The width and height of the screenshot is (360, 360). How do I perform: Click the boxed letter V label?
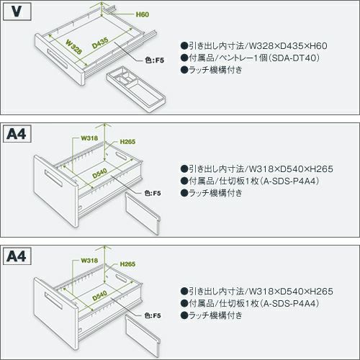tap(17, 12)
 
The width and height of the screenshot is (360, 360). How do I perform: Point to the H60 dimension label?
tap(143, 14)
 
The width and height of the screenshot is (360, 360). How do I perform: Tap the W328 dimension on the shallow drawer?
tap(73, 47)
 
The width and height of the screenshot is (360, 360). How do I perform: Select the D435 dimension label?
tap(100, 43)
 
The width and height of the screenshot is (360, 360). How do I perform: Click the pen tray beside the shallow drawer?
tap(136, 89)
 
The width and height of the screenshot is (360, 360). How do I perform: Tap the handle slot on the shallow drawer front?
tap(57, 59)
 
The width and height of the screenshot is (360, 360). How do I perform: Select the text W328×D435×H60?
tap(288, 46)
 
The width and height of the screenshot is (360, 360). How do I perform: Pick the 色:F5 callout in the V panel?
tap(154, 60)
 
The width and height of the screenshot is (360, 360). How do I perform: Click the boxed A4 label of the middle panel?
tap(17, 134)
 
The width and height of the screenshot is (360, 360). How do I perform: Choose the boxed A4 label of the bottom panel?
tap(17, 256)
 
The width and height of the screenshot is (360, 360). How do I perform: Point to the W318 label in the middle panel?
tap(89, 138)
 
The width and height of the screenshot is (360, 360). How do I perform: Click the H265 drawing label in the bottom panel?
tap(127, 264)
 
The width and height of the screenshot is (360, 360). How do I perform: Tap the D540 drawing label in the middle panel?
tap(99, 174)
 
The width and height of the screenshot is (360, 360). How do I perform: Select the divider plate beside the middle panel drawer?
tap(143, 214)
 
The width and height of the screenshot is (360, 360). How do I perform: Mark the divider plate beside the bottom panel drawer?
tap(143, 336)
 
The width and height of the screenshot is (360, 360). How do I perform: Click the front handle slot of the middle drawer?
tap(54, 179)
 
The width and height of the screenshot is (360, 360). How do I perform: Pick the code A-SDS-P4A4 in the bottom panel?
tap(289, 303)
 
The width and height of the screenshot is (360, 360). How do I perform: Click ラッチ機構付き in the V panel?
tap(215, 70)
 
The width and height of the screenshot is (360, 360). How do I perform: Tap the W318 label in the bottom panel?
tap(89, 261)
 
